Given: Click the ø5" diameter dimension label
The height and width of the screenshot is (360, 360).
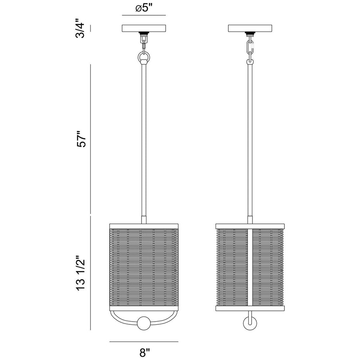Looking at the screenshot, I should click(x=144, y=9).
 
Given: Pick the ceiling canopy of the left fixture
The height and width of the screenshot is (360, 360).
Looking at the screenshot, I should click(x=144, y=29).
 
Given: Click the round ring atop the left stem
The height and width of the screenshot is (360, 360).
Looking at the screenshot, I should click(x=144, y=58).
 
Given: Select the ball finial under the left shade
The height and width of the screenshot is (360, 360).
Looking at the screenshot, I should click(x=144, y=322).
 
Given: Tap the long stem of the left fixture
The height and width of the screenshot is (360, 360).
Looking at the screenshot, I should click(x=144, y=140).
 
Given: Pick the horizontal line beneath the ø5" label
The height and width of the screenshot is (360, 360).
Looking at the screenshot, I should click(x=144, y=16).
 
